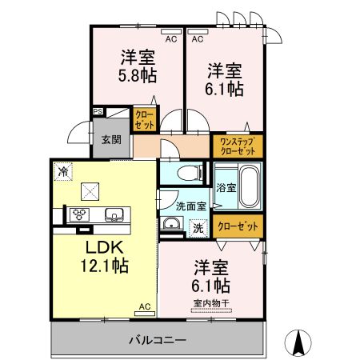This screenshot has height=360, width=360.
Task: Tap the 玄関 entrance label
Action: coord(110,139)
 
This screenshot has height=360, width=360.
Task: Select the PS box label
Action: coord(98,111)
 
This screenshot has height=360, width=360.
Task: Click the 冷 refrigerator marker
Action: coord(62,170)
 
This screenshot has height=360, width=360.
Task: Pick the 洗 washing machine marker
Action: coord(197,226)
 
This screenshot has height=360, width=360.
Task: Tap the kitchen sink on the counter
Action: coord(113,213)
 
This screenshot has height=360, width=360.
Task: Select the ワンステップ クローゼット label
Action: coord(236,146)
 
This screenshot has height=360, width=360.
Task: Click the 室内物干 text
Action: coord(210,303)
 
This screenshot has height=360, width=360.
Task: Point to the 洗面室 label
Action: coord(190,206)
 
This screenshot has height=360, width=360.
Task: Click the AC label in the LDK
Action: coord(144,306)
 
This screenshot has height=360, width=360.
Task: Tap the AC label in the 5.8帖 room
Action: coord(170,38)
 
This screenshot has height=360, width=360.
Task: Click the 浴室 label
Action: coord(226,188)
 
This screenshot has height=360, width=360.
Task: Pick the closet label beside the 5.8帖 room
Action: coord(144,120)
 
